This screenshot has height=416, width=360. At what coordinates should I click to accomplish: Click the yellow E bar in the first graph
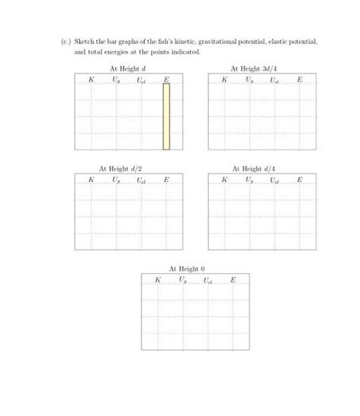pyautogui.click(x=166, y=116)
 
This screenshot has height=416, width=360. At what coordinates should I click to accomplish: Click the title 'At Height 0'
pyautogui.click(x=187, y=269)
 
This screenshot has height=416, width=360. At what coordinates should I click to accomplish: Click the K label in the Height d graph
pyautogui.click(x=91, y=80)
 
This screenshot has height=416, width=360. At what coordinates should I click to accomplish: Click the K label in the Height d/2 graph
pyautogui.click(x=91, y=180)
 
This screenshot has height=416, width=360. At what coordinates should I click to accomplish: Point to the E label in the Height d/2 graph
pyautogui.click(x=166, y=180)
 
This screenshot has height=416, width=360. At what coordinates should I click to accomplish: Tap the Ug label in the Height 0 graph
pyautogui.click(x=182, y=280)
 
